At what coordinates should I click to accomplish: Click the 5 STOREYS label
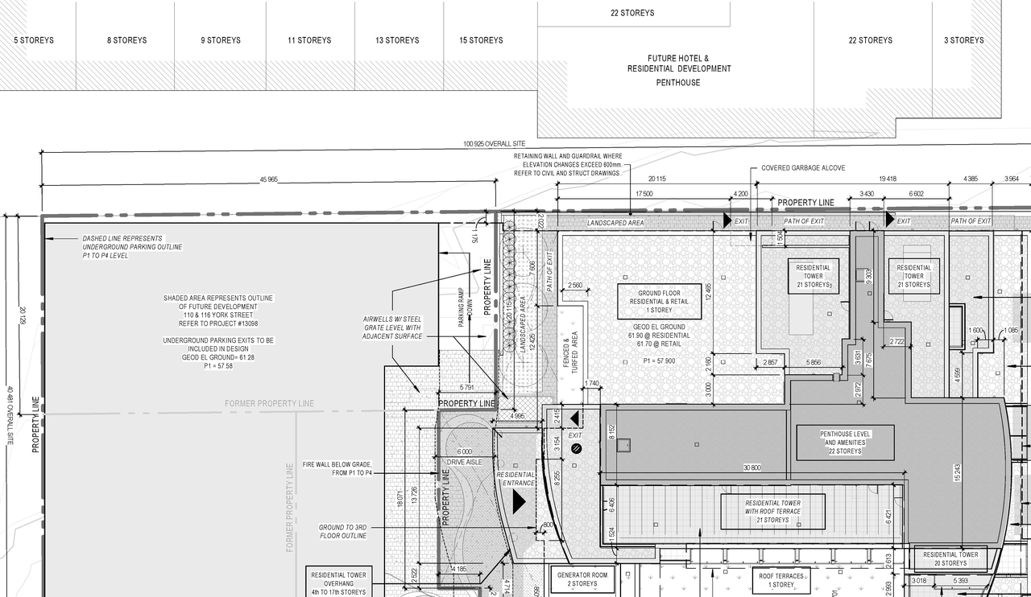[34, 40]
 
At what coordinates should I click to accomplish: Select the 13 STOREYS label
[397, 40]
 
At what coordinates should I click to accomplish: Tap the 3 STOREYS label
[964, 40]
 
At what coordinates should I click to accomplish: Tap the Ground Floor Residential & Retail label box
[660, 302]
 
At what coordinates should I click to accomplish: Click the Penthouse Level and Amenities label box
[845, 443]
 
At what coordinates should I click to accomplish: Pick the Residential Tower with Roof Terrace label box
[772, 512]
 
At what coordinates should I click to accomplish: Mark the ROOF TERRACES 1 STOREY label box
[781, 581]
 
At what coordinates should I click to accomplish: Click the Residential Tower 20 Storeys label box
[950, 559]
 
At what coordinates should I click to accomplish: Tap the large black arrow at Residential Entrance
[519, 501]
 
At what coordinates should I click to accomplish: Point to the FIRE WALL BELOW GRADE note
[337, 468]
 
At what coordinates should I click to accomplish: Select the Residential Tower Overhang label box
[339, 583]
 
